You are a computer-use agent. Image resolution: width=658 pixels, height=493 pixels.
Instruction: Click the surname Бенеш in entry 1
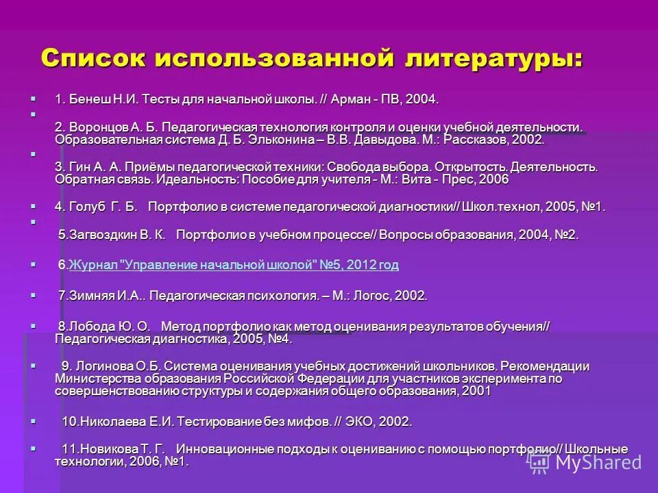tap(84, 99)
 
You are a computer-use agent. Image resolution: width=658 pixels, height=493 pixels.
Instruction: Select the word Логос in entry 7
tap(366, 296)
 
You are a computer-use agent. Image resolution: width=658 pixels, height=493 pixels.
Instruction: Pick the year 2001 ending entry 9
tap(476, 391)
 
